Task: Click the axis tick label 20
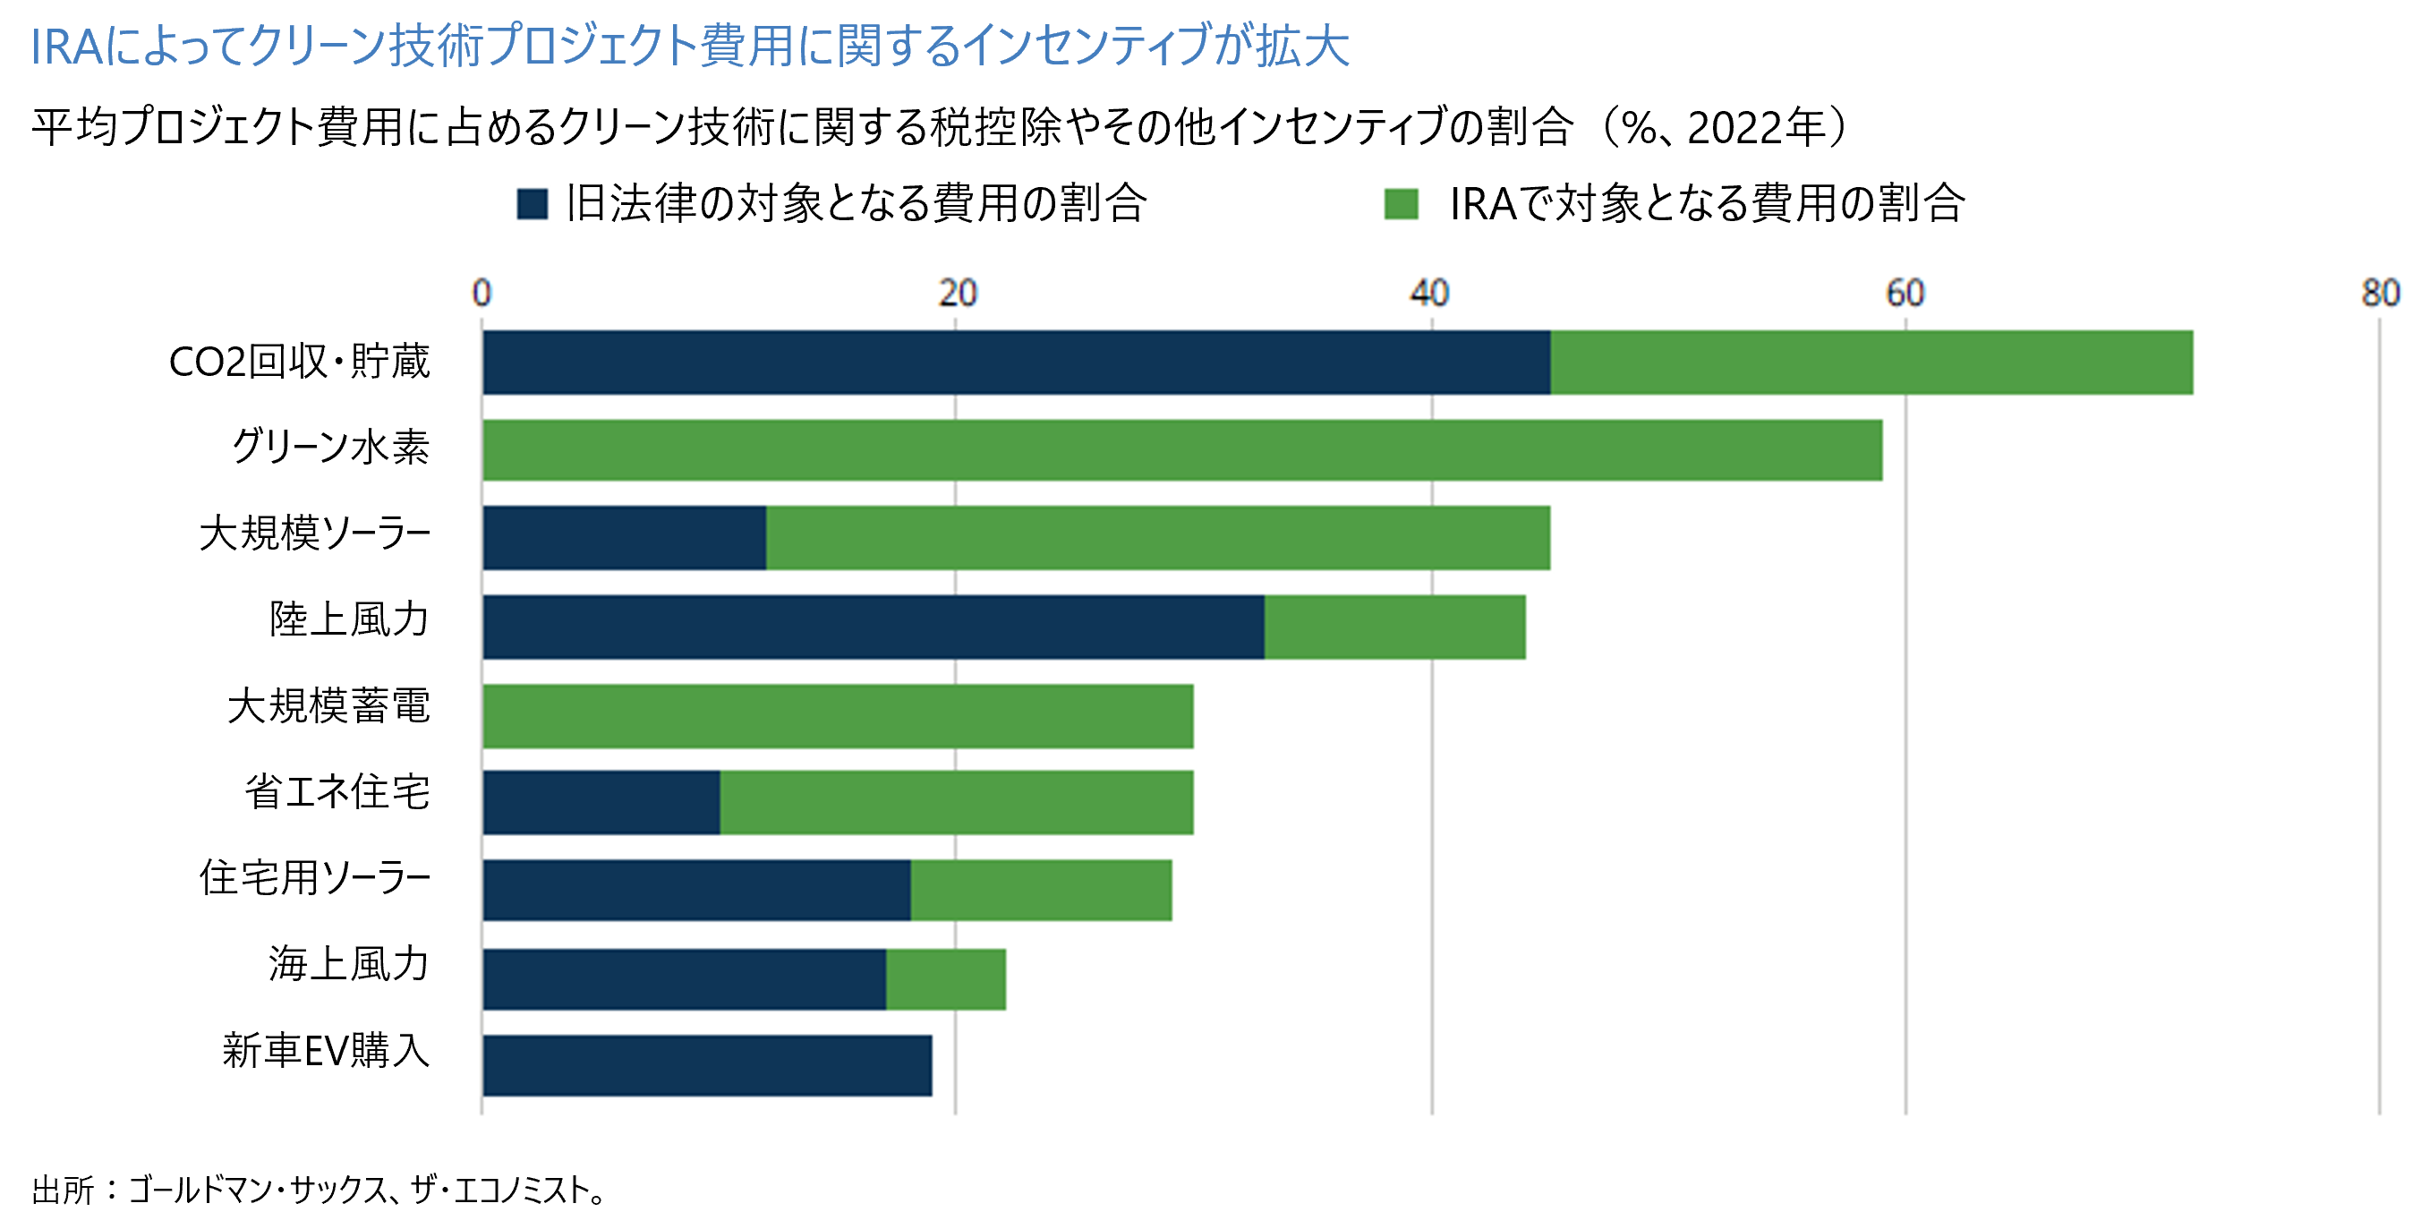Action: (x=957, y=294)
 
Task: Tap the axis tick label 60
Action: (x=1905, y=294)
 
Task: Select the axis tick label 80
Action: (x=2379, y=294)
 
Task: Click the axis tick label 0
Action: (x=482, y=294)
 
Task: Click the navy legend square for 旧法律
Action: (x=532, y=204)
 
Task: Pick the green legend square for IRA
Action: (x=1401, y=204)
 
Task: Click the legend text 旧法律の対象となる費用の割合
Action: (x=856, y=203)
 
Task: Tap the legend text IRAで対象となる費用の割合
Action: (x=1706, y=203)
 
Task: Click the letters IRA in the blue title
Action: (x=65, y=47)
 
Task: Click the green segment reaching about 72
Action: (x=1871, y=363)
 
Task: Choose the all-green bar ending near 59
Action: (x=1181, y=450)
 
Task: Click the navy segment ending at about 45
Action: (x=1016, y=363)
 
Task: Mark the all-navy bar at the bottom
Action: (x=707, y=1066)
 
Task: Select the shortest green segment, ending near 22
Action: (x=946, y=980)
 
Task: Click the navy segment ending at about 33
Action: (x=873, y=627)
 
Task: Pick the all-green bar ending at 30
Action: (x=838, y=717)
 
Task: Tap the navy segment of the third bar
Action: (x=625, y=538)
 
